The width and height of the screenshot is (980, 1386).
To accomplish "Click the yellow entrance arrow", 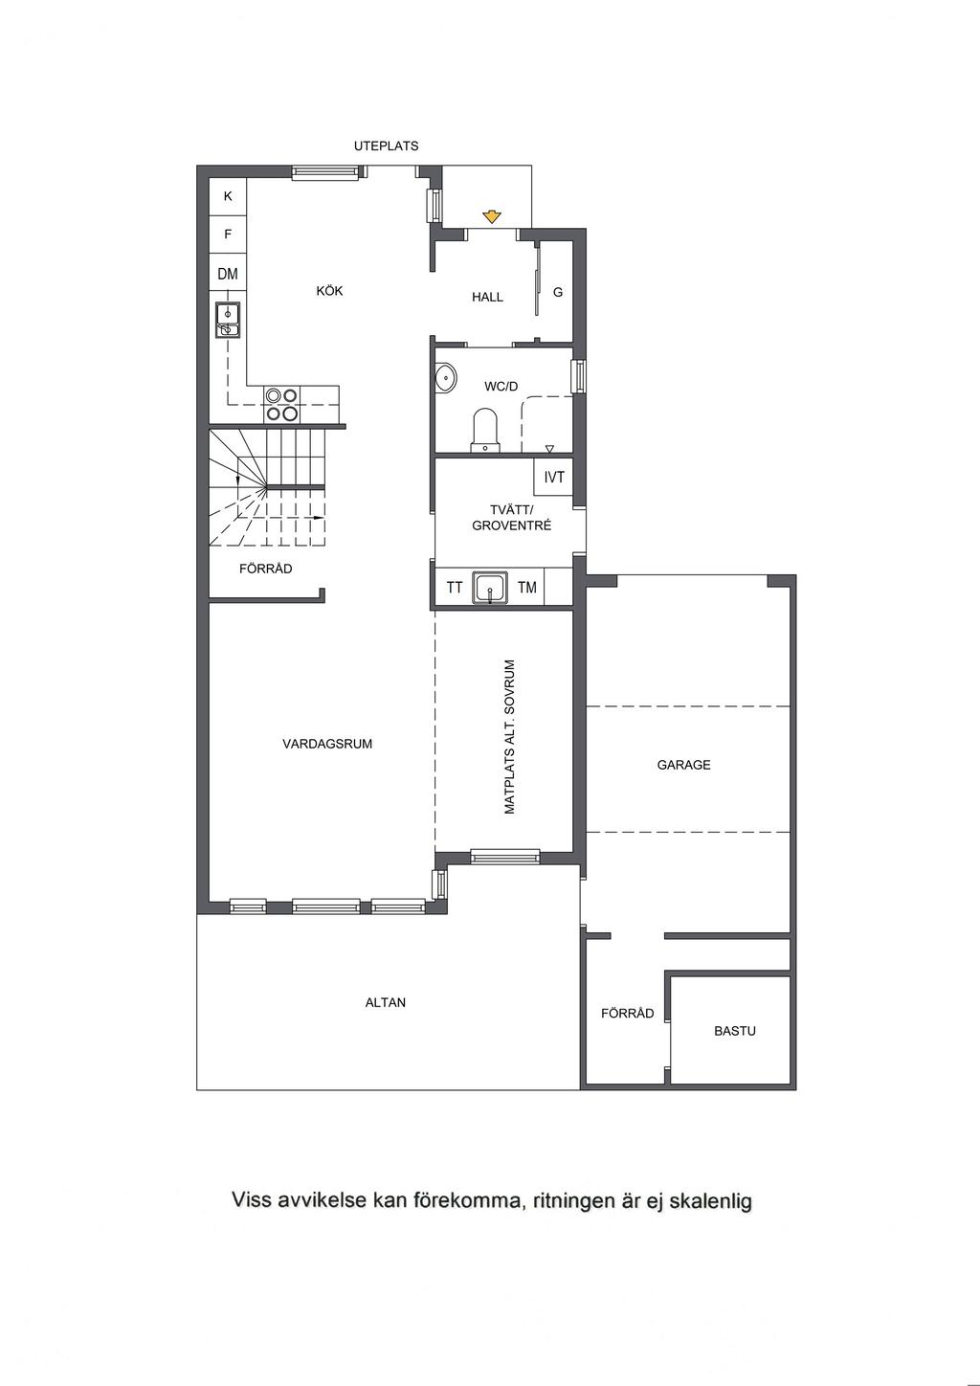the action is (491, 216).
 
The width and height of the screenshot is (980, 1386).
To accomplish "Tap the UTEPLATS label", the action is (386, 146).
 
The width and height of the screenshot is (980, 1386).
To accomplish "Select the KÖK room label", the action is (329, 290).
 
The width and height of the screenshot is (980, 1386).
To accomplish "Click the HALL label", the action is (487, 297).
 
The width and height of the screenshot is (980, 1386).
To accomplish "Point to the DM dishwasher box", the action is (228, 274).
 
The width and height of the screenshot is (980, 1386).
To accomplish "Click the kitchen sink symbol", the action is (228, 320).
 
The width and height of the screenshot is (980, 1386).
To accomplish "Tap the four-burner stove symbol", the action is (281, 405).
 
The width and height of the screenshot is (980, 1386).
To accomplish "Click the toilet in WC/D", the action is (485, 430).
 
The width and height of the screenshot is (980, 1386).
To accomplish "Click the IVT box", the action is (554, 477).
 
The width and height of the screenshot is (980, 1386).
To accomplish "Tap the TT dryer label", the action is (455, 587).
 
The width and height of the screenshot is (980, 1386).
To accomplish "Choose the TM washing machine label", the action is (527, 587).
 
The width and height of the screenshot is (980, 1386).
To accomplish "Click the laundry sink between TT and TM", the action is (490, 587).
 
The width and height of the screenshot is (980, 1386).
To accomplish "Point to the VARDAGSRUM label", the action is (327, 744).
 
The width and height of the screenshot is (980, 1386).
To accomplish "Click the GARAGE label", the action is (683, 765).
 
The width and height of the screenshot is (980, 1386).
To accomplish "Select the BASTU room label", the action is (735, 1031).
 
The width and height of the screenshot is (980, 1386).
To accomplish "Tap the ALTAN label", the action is (386, 1002).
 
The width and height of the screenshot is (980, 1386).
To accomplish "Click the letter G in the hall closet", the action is (558, 292).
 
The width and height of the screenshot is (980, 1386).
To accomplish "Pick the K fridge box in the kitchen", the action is (228, 196).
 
